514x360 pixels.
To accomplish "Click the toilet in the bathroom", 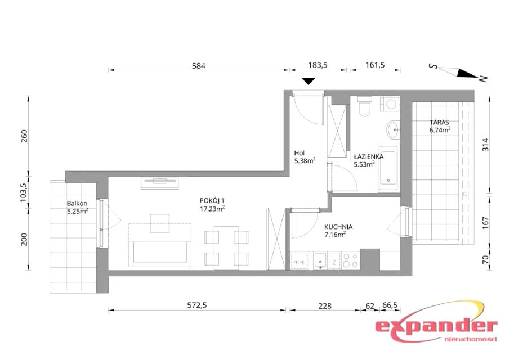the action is pyautogui.click(x=364, y=106).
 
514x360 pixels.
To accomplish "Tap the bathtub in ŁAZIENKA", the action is pyautogui.click(x=388, y=168).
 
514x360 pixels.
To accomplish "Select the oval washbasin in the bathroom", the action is pyautogui.click(x=393, y=129).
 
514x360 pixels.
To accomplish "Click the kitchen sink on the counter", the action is pyautogui.click(x=320, y=260).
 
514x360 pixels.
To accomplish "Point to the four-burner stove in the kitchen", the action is pyautogui.click(x=350, y=260).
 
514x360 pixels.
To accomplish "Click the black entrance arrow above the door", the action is pyautogui.click(x=308, y=81).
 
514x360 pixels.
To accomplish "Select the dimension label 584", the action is pyautogui.click(x=199, y=66).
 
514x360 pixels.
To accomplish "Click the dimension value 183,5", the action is pyautogui.click(x=318, y=65).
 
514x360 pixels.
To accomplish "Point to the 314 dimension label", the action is pyautogui.click(x=485, y=145).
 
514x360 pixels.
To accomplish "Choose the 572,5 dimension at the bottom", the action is pyautogui.click(x=197, y=305).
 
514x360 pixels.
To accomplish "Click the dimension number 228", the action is pyautogui.click(x=325, y=305).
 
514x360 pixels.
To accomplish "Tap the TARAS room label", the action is pyautogui.click(x=439, y=122).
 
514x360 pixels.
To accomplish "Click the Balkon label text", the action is pyautogui.click(x=77, y=204).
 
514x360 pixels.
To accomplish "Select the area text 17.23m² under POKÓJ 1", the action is pyautogui.click(x=212, y=208).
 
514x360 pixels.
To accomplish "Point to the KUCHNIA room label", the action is pyautogui.click(x=338, y=227).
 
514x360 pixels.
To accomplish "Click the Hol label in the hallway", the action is pyautogui.click(x=300, y=153).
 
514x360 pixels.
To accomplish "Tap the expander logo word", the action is pyautogui.click(x=436, y=327).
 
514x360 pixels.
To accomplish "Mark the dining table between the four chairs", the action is pyautogui.click(x=226, y=247).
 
